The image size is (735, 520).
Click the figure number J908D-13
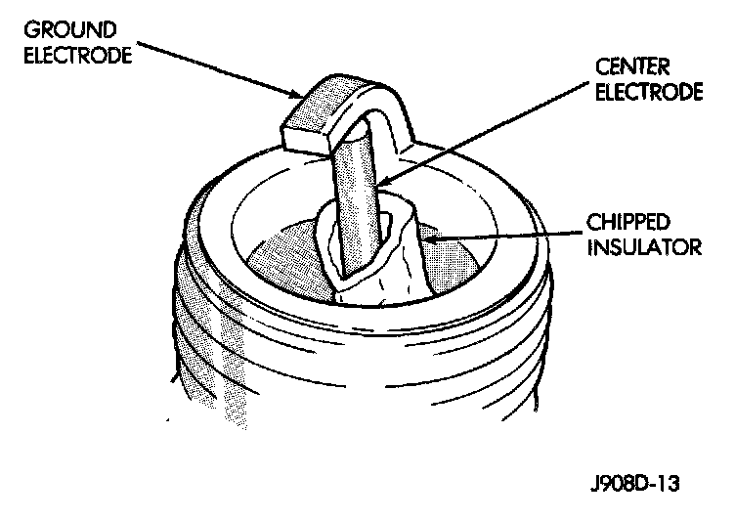click(x=633, y=484)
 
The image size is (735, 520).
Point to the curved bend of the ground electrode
click(x=386, y=98)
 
